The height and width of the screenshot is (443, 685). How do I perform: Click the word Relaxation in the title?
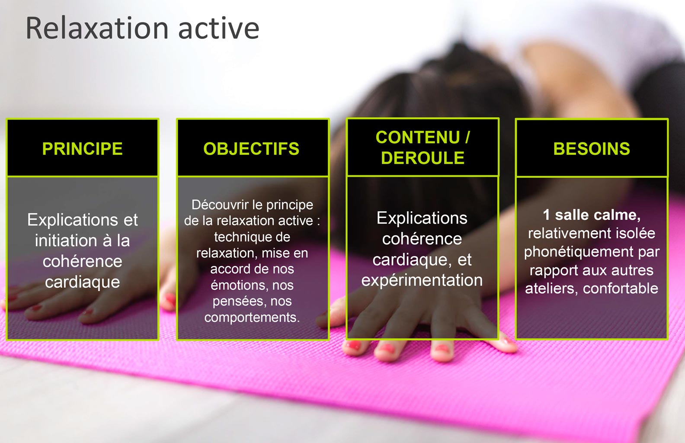click(97, 29)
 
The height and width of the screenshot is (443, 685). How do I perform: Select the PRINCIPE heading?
click(83, 149)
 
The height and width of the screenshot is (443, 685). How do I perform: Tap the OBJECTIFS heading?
click(251, 149)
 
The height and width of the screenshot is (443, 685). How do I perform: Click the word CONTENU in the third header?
click(417, 138)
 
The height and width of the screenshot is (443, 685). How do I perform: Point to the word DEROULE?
click(423, 158)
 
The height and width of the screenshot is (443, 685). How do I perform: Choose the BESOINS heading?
click(592, 149)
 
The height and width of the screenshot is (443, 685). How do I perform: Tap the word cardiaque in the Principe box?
click(83, 282)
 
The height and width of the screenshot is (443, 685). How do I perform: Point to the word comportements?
click(252, 318)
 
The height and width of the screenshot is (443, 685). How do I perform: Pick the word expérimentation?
click(422, 280)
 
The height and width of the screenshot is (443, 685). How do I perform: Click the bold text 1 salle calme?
click(591, 215)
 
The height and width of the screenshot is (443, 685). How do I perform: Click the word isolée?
click(637, 234)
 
